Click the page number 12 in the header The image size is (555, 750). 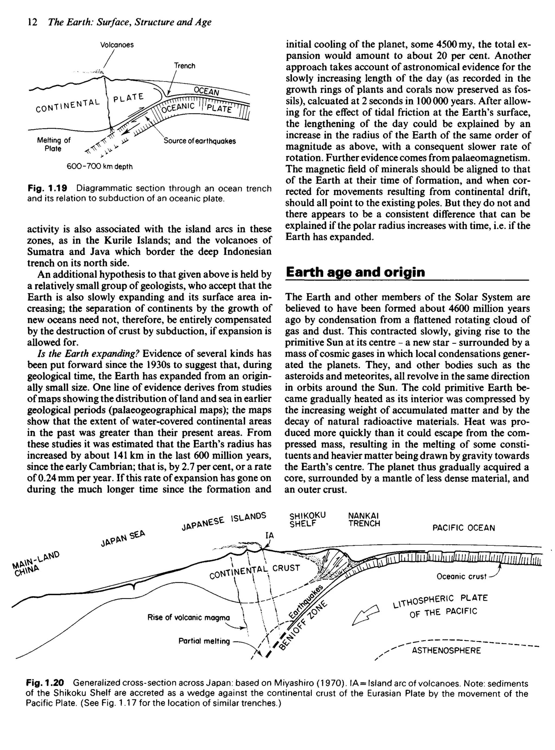click(32, 22)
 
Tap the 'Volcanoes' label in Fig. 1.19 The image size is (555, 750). click(117, 45)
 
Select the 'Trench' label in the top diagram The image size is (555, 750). click(185, 66)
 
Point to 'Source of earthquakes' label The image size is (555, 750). click(199, 141)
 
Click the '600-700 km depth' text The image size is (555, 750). click(100, 167)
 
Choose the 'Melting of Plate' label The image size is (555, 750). click(53, 144)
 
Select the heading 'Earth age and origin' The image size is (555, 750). click(355, 272)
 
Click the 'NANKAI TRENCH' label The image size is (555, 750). click(364, 520)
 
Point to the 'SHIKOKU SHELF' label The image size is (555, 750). click(307, 520)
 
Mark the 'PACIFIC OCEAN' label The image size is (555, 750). click(464, 528)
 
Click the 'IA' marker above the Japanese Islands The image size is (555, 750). click(270, 536)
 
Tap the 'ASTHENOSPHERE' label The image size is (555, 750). click(446, 651)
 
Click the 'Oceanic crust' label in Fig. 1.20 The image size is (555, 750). click(461, 576)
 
